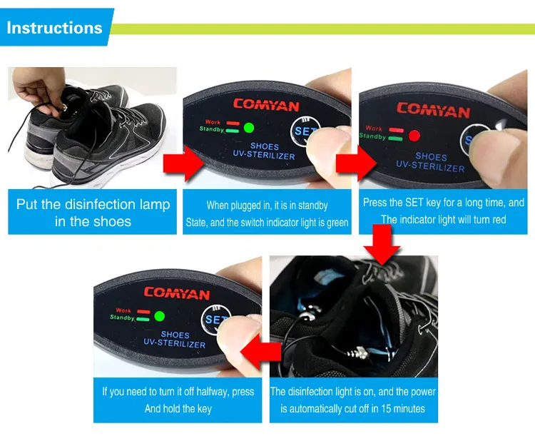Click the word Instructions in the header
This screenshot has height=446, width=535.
point(54,28)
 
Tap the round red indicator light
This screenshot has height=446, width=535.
point(414,136)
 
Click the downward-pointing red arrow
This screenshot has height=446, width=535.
point(382,245)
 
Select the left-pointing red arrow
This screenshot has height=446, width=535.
point(260,352)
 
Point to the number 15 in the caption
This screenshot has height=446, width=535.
point(385,408)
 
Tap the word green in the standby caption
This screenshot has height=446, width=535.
point(337,223)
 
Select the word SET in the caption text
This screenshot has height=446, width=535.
point(414,203)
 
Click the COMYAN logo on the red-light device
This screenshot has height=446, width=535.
point(433,110)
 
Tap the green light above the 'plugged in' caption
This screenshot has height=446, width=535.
point(249,128)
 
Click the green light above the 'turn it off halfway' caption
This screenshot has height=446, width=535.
point(159,316)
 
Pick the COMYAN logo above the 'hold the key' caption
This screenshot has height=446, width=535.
point(177,293)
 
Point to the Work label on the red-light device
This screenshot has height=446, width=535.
point(374,128)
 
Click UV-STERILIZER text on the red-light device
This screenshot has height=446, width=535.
point(430,166)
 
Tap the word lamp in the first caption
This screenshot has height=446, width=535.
point(155,205)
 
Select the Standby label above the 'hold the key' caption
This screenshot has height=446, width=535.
point(122,318)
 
